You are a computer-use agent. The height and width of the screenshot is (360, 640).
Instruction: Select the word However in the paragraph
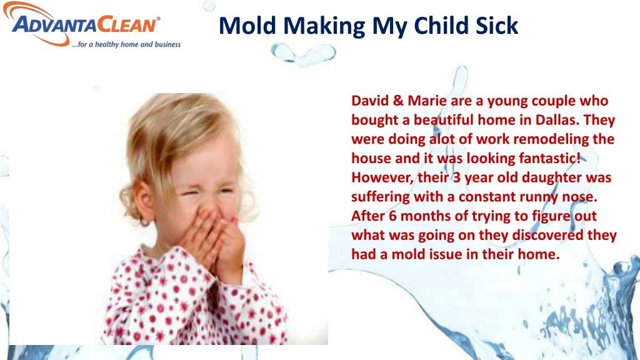pos(380,177)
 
